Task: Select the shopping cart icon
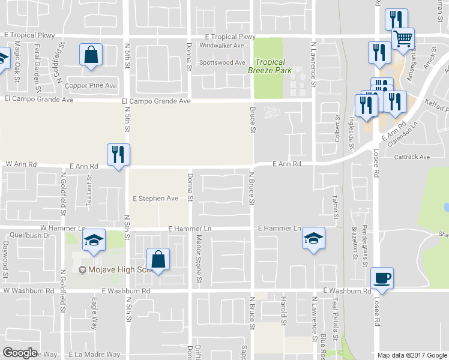pos(403,39)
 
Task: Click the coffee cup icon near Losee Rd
pos(382,278)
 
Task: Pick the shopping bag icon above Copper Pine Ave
pos(90,55)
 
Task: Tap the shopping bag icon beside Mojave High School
pos(158,260)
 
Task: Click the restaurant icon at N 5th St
pos(117,154)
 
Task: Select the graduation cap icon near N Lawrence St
pos(313,239)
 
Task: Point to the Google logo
pos(20,353)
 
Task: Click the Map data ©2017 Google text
pos(412,355)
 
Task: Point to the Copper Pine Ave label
pos(91,86)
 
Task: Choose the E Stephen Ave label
pos(155,198)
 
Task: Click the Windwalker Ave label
pos(221,46)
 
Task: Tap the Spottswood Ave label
pos(222,62)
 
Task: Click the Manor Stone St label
pos(199,259)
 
